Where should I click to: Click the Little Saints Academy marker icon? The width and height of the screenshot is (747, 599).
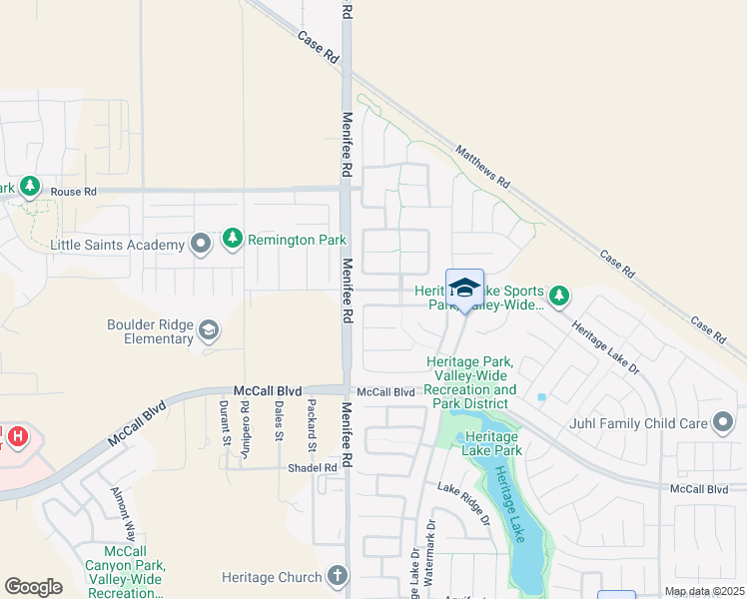pos(201,244)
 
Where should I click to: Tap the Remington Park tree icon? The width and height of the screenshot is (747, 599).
pos(233,239)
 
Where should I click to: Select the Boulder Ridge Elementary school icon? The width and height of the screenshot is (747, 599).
pos(209,329)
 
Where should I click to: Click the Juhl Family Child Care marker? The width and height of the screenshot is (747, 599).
pos(723,423)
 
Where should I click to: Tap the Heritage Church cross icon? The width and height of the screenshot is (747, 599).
pos(338,576)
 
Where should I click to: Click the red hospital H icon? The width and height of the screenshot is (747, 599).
pos(16,436)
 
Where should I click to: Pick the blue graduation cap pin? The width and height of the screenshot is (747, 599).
pos(464,290)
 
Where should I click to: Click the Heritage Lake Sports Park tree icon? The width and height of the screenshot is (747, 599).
pos(559,295)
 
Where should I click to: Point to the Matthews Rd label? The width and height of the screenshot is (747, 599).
pos(483,168)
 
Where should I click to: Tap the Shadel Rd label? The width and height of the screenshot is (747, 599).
pos(314,468)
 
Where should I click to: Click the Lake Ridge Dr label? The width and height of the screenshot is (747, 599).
pos(464,504)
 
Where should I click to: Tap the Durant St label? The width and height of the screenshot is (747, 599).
pos(225,420)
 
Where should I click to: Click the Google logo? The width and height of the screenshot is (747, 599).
pos(33,587)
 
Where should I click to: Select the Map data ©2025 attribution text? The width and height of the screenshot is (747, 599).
pos(703,591)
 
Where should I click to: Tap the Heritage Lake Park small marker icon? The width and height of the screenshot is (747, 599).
pos(460,438)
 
